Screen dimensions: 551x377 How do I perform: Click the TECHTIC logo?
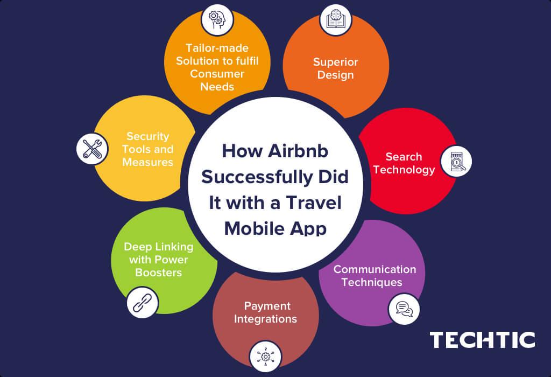(x=482, y=340)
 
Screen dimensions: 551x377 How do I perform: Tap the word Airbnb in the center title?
(x=298, y=151)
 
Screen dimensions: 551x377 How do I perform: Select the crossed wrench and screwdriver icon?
(x=92, y=149)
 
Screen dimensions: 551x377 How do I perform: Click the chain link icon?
(x=142, y=303)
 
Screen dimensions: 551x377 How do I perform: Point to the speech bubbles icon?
(x=404, y=309)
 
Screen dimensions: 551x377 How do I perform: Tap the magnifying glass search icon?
(x=456, y=162)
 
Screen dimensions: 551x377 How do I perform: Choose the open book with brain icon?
(x=336, y=20)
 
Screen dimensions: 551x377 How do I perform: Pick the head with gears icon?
(x=217, y=20)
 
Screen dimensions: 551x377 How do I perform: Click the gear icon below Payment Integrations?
(x=265, y=356)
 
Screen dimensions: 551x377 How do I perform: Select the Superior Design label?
(x=336, y=68)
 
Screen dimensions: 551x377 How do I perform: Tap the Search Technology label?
(x=404, y=163)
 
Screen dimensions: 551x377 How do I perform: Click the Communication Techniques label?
(x=375, y=276)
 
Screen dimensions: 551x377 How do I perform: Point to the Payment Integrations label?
(x=265, y=312)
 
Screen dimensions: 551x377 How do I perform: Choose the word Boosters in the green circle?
(x=159, y=273)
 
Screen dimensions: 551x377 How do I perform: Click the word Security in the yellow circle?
(x=147, y=136)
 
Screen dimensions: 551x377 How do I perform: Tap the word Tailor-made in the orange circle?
(x=217, y=48)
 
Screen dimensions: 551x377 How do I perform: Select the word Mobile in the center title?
(x=254, y=228)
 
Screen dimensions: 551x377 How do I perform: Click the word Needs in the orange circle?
(x=217, y=87)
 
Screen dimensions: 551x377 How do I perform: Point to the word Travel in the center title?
(x=314, y=203)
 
